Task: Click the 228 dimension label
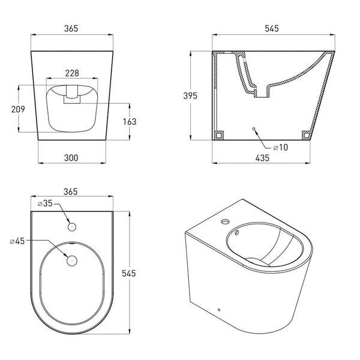point(72,73)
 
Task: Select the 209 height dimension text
point(18,109)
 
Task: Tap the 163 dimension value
point(130,122)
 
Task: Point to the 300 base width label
point(71,158)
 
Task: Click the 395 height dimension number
point(190,96)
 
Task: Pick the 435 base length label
point(262,158)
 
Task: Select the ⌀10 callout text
point(281,148)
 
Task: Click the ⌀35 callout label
point(45,203)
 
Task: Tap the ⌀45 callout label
point(17,241)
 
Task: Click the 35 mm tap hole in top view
point(72,227)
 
